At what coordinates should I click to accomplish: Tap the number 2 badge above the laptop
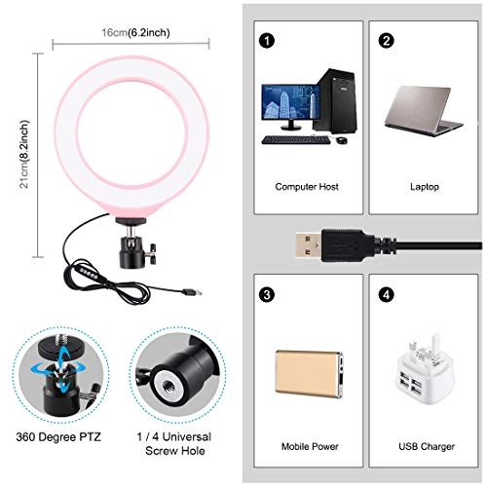pyautogui.click(x=387, y=41)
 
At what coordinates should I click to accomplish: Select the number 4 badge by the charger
pyautogui.click(x=387, y=291)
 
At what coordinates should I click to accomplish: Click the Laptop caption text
pyautogui.click(x=424, y=185)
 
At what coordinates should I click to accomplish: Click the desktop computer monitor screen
pyautogui.click(x=290, y=105)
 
